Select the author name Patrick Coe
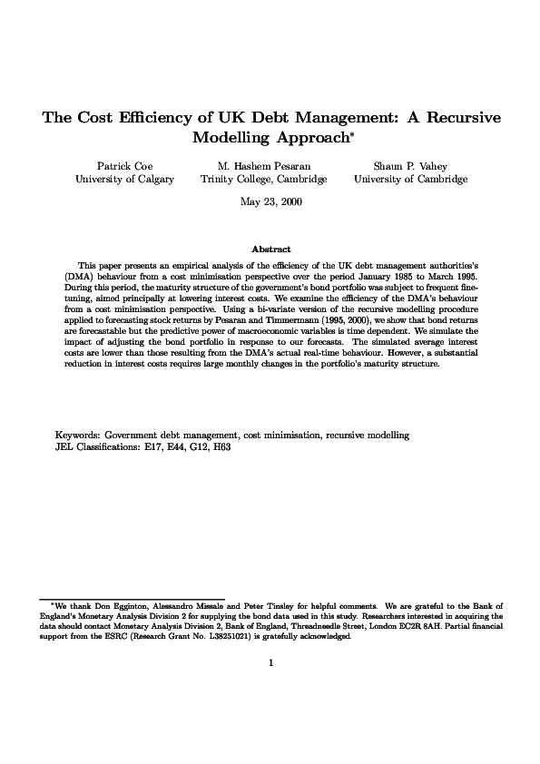click(x=123, y=166)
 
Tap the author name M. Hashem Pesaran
click(x=263, y=166)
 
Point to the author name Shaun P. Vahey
click(x=410, y=166)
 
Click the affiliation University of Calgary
click(x=123, y=180)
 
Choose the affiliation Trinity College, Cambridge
click(x=263, y=180)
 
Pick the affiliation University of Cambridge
click(x=410, y=180)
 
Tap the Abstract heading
click(x=270, y=249)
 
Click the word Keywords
click(x=78, y=436)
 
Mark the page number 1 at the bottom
click(x=270, y=662)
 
